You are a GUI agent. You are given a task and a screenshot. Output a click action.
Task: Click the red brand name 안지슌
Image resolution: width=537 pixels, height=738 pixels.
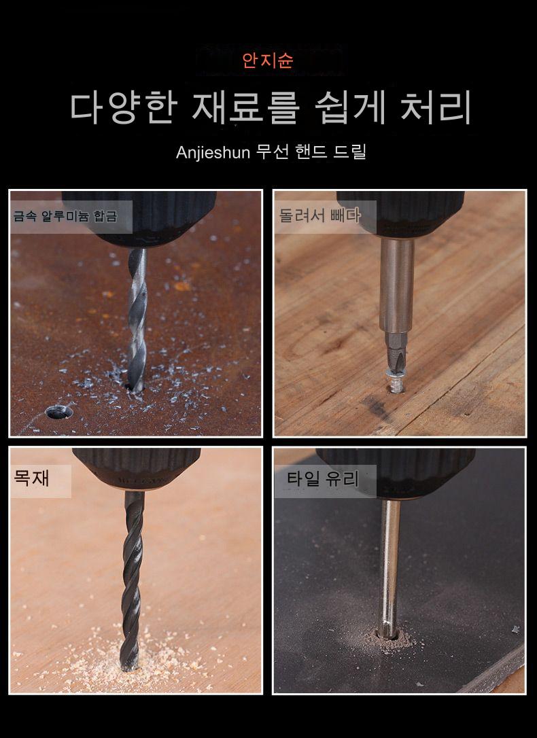[x=268, y=60]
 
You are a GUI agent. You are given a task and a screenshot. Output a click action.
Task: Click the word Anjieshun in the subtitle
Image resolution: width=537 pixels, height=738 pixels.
[x=213, y=152]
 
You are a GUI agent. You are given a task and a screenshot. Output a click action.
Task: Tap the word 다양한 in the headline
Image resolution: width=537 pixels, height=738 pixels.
[x=123, y=108]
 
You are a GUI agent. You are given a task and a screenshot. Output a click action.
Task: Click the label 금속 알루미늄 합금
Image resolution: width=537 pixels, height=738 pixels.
[x=65, y=216]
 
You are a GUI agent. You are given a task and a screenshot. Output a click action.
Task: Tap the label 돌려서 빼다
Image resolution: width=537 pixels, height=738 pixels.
[x=319, y=215]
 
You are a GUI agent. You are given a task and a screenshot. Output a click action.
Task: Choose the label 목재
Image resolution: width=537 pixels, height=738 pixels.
[x=31, y=478]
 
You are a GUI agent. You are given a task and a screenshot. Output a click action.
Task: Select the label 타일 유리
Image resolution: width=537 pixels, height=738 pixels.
[x=323, y=479]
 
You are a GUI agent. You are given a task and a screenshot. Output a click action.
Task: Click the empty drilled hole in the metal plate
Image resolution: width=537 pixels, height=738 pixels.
[x=59, y=412]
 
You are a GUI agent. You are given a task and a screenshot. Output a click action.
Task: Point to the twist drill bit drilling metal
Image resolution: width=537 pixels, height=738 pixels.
[x=137, y=320]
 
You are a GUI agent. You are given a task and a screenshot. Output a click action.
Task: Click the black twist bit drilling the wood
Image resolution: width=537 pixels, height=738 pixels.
[x=132, y=580]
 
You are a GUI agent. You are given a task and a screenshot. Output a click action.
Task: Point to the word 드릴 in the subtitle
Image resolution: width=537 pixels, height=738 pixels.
[x=349, y=152]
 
